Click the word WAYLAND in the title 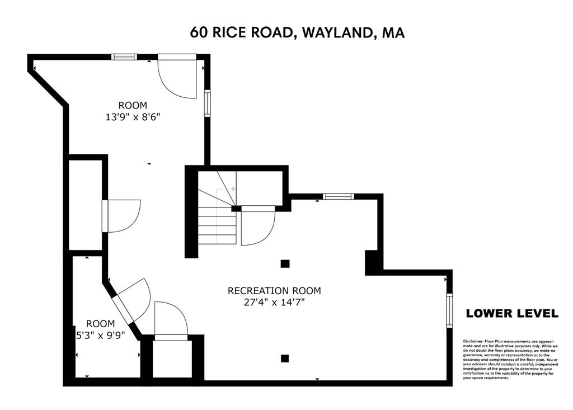(x=336, y=32)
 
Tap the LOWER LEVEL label (x=512, y=313)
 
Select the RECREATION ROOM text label (x=274, y=290)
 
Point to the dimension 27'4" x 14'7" (x=274, y=302)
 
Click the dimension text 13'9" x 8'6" (x=133, y=117)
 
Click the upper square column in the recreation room (x=285, y=263)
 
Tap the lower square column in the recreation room (x=285, y=358)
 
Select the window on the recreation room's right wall (x=448, y=310)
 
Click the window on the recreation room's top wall (x=338, y=196)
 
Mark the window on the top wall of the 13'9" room (x=124, y=56)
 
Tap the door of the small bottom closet (x=171, y=321)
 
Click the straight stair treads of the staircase (x=217, y=227)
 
